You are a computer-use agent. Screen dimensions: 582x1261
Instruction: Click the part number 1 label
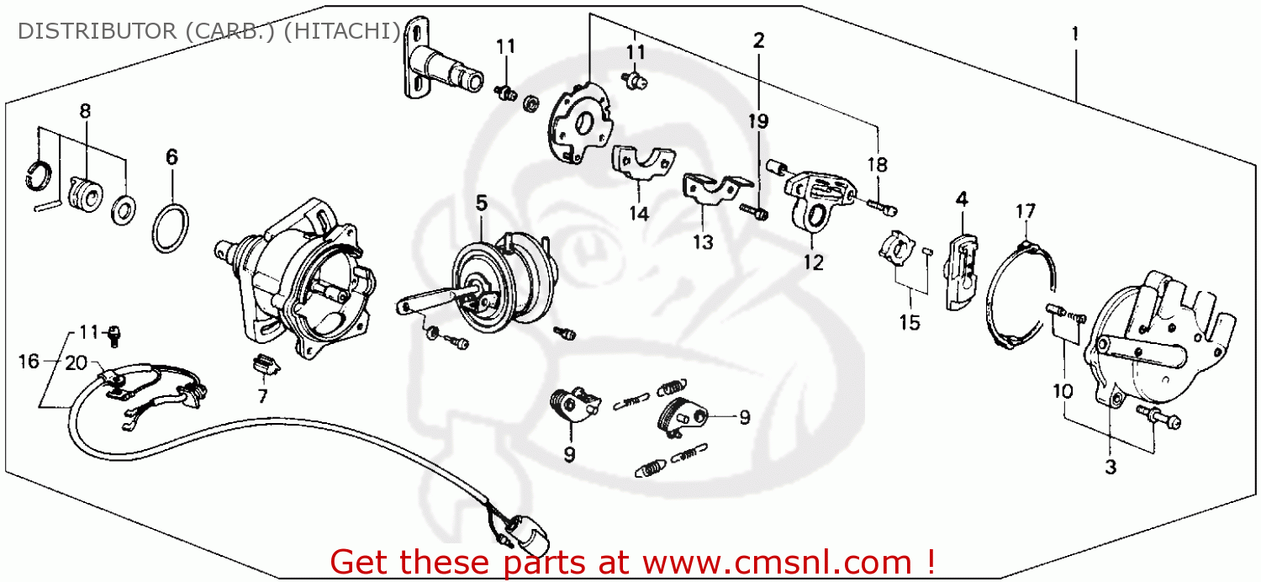[x=1074, y=36]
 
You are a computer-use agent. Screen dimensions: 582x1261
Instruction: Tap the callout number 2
[x=759, y=40]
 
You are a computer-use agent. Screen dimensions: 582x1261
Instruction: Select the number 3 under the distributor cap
[x=1111, y=468]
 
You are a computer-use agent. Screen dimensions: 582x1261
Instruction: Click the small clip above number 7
[x=266, y=364]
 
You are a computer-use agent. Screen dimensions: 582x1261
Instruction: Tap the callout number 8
[x=85, y=111]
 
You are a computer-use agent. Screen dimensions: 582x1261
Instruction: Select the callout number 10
[x=1063, y=390]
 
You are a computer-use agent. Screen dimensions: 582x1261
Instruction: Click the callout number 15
[x=909, y=322]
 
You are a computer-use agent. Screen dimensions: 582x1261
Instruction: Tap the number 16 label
[x=29, y=362]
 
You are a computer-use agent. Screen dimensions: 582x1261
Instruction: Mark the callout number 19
[x=758, y=121]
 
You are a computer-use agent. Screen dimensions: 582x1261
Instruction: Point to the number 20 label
[x=76, y=363]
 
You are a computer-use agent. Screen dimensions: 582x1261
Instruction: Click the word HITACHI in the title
[x=355, y=32]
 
